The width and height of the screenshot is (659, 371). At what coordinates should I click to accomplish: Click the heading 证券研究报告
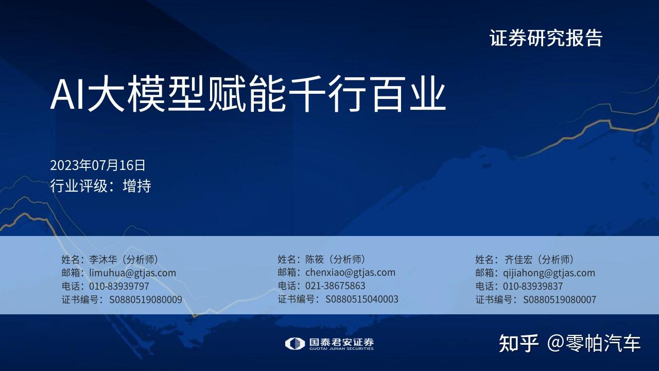click(546, 38)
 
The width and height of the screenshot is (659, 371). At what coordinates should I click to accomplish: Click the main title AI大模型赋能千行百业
click(248, 94)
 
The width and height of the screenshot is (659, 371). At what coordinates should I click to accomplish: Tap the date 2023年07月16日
click(97, 165)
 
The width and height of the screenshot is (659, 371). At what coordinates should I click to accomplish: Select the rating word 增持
click(137, 186)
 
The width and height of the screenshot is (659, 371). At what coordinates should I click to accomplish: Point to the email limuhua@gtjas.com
click(132, 273)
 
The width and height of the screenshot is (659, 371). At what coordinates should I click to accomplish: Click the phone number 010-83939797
click(119, 286)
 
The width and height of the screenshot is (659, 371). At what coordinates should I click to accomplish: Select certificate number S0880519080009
click(146, 300)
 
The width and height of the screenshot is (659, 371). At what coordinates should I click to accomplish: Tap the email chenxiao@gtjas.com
click(350, 273)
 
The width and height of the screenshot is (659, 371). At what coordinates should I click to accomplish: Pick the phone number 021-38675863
click(335, 285)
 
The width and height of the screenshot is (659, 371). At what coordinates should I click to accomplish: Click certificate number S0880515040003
click(362, 299)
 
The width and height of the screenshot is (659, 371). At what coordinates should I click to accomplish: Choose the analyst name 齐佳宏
click(518, 259)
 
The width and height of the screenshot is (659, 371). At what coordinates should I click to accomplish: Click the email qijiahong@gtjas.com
click(549, 273)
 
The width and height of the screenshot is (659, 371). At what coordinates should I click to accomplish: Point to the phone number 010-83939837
click(533, 286)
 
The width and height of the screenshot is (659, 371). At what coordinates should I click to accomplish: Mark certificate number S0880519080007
click(560, 300)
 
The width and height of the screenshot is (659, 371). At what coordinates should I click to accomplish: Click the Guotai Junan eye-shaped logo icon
click(294, 344)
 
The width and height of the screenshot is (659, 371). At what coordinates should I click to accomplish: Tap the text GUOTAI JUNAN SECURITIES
click(341, 349)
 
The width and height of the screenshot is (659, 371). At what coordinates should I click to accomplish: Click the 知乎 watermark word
click(518, 343)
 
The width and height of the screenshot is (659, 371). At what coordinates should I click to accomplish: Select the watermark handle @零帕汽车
click(594, 343)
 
